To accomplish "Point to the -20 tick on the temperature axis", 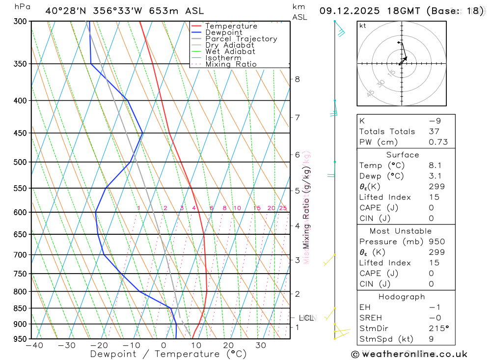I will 99,346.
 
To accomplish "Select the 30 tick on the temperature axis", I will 261,346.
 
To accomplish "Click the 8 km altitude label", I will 298,79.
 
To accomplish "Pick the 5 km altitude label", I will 298,191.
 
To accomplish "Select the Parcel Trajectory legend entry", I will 241,39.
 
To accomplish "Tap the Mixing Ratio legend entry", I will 231,64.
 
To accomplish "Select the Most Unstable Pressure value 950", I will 436,242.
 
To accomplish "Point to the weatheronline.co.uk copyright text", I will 409,354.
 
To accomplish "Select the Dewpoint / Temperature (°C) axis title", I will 168,354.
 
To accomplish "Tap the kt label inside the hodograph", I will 363,26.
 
